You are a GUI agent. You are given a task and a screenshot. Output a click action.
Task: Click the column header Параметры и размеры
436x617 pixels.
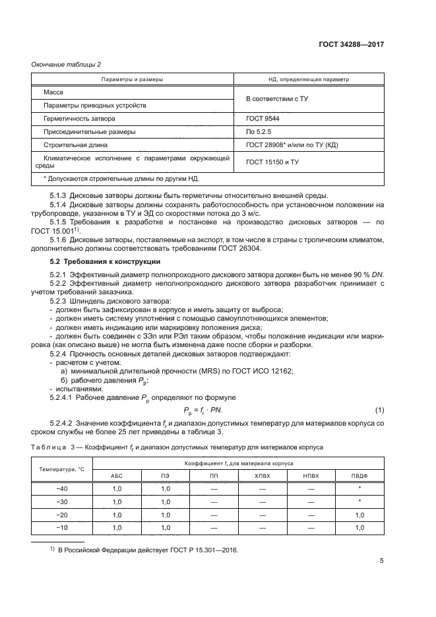[x=132, y=79]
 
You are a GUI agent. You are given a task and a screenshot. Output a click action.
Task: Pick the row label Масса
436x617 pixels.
[x=53, y=92]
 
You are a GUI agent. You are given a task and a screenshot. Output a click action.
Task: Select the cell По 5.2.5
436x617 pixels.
[x=259, y=131]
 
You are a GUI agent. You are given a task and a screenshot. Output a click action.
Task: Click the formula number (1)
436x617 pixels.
[x=379, y=410]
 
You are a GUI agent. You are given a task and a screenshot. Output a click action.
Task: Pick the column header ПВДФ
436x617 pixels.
[x=359, y=476]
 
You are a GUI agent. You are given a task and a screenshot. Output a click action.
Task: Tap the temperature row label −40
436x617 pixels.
[x=63, y=488]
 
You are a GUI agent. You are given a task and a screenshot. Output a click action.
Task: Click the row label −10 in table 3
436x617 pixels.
[x=63, y=528]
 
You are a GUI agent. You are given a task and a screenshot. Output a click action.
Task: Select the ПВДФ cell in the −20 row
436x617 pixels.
[x=359, y=515]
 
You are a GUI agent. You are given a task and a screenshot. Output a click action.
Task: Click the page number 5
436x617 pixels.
[x=381, y=562]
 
